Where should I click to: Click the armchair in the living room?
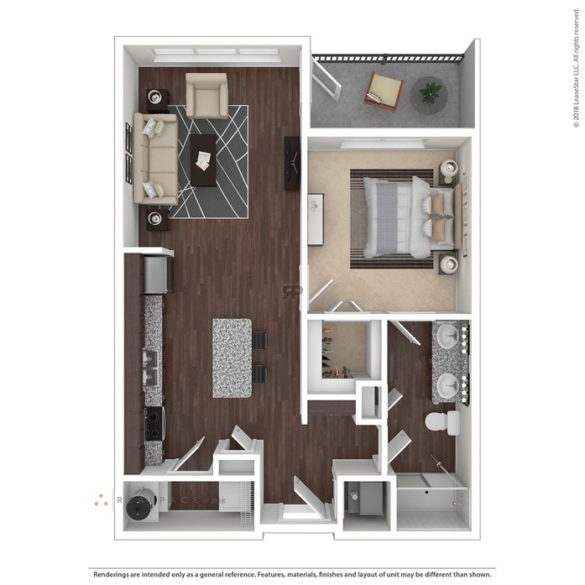(x=206, y=95)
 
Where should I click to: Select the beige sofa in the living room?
(x=156, y=159)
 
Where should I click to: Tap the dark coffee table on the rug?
(x=203, y=160)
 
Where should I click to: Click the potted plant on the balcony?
(x=430, y=93)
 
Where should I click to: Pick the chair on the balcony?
(x=384, y=91)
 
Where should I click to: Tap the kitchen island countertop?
(x=232, y=358)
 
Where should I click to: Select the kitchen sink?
(x=152, y=366)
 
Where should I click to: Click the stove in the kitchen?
(x=154, y=423)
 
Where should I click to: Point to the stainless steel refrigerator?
(x=156, y=274)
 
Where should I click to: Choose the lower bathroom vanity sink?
(x=447, y=385)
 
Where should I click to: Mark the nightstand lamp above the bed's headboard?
(x=448, y=168)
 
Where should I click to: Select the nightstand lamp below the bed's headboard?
(x=448, y=264)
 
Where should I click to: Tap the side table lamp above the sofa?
(x=156, y=99)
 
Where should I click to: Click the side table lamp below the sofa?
(x=155, y=219)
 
